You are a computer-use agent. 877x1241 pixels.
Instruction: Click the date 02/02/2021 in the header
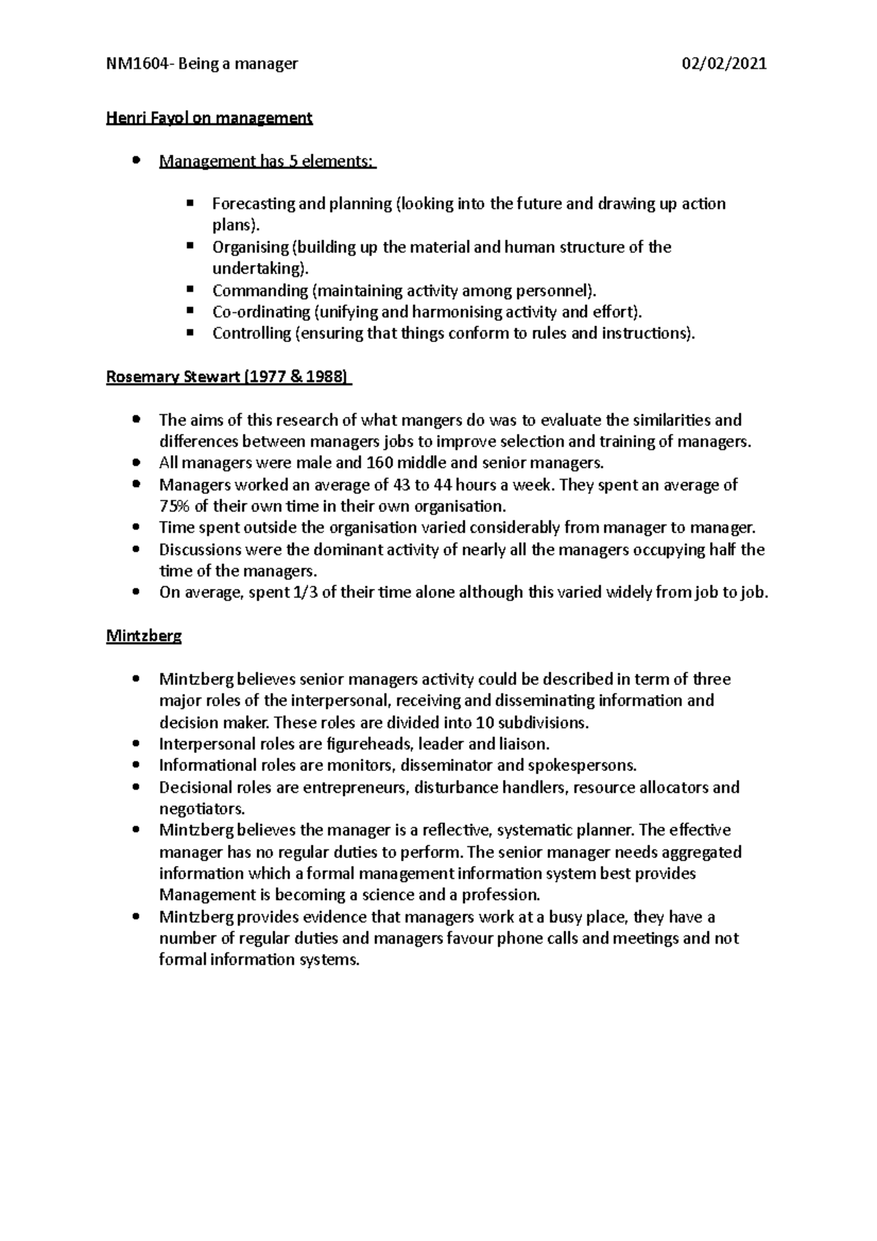pos(724,64)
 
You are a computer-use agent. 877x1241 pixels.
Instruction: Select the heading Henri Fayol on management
pos(209,118)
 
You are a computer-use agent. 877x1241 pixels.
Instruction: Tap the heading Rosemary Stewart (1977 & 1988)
pos(228,377)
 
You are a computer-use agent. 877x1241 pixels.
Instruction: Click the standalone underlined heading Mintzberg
pos(144,636)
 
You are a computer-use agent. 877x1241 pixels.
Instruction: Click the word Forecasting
pos(253,204)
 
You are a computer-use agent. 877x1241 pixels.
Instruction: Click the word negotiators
pos(200,809)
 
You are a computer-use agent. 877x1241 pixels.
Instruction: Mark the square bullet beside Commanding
pos(190,289)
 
